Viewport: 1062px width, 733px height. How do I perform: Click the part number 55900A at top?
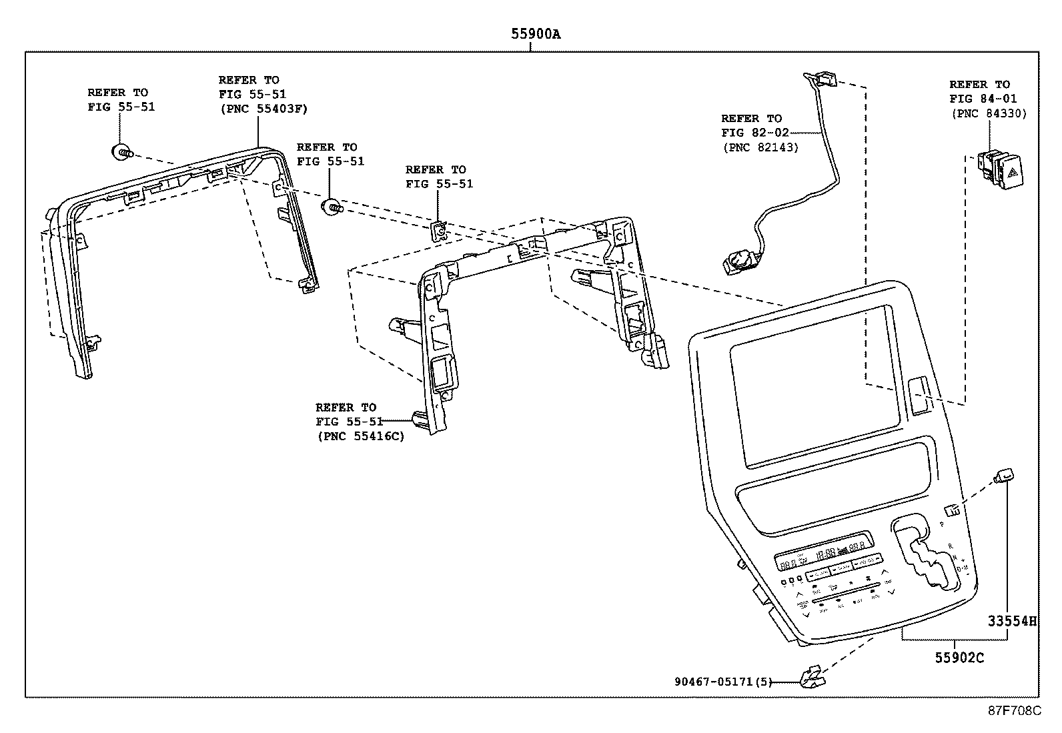tap(536, 34)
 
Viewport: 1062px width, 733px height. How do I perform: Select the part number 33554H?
tap(1012, 622)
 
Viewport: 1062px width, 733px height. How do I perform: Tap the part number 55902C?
tap(959, 658)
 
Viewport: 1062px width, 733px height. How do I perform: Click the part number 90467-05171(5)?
tap(723, 682)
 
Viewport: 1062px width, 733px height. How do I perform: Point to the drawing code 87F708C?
tap(1014, 710)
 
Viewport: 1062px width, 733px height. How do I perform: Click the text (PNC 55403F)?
tap(263, 109)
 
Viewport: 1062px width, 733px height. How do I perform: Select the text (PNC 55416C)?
tap(360, 436)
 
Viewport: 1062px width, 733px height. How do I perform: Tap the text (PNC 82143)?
tap(760, 147)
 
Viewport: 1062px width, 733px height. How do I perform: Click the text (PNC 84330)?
tap(988, 114)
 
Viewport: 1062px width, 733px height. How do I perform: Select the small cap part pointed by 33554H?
tap(1005, 475)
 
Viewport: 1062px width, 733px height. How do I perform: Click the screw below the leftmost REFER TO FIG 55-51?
tap(122, 153)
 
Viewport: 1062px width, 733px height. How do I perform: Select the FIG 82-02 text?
tap(755, 133)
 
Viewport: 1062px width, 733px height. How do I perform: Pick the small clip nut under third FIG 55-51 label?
tap(439, 231)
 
